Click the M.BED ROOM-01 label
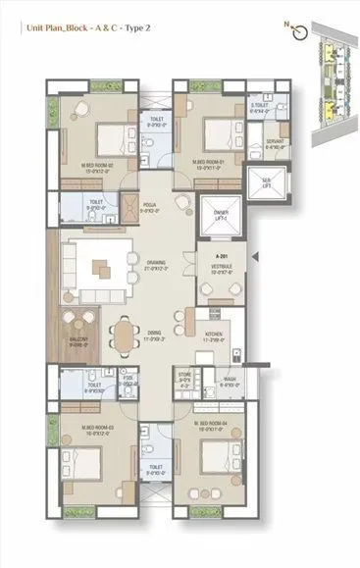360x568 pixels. click(211, 165)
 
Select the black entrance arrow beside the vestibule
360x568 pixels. click(255, 257)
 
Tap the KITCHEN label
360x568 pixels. click(218, 336)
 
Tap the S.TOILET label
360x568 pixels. click(261, 109)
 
